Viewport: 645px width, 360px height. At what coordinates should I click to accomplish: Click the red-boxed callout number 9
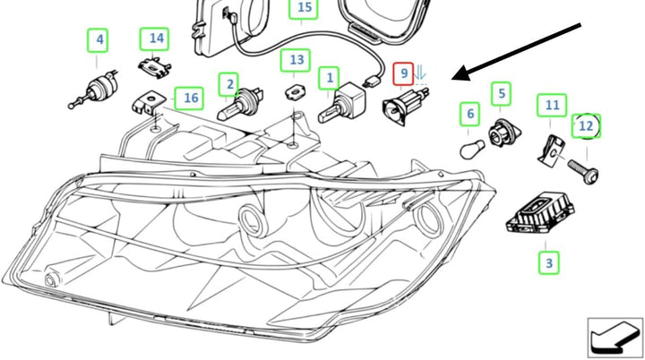point(403,73)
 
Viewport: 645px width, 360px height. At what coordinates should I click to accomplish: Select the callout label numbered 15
point(304,8)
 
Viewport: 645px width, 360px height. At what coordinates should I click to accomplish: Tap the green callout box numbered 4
point(98,40)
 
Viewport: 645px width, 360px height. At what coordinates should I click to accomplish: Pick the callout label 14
point(154,39)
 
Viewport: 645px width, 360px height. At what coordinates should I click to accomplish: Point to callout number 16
point(189,99)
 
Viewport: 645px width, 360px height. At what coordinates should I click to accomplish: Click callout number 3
point(549,262)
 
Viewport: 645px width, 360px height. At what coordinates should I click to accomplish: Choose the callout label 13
point(296,61)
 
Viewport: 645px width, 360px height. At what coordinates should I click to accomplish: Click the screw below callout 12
point(583,171)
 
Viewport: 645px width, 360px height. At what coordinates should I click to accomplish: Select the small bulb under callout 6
point(472,149)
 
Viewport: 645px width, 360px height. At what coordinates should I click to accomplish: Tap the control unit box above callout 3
point(539,213)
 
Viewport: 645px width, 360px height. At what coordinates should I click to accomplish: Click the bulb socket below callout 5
point(503,133)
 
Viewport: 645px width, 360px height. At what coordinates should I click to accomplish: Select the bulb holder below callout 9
point(406,106)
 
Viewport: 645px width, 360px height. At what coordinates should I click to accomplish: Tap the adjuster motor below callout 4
point(94,90)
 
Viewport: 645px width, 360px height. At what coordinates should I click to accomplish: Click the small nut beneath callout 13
point(295,92)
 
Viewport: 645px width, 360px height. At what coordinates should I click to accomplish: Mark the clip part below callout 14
point(154,67)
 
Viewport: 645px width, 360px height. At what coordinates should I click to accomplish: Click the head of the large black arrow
point(461,74)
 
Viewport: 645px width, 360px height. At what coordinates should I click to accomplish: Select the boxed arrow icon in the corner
point(615,338)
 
